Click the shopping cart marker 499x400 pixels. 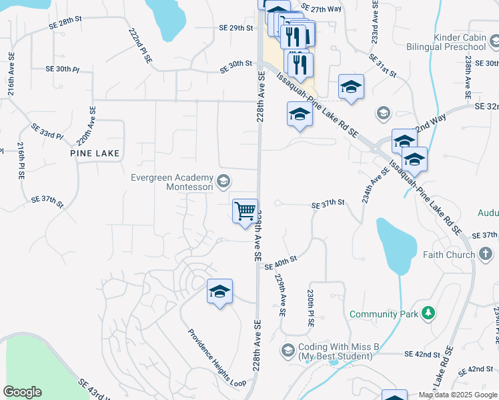pyautogui.click(x=245, y=211)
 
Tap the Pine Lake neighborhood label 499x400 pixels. pyautogui.click(x=95, y=153)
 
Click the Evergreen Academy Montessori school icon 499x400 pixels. pyautogui.click(x=224, y=180)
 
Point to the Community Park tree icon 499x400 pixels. pyautogui.click(x=428, y=313)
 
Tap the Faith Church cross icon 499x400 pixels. pyautogui.click(x=485, y=254)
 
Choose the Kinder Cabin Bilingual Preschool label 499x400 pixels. pyautogui.click(x=450, y=42)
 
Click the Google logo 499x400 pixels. pyautogui.click(x=22, y=392)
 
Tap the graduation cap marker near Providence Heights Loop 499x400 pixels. pyautogui.click(x=219, y=291)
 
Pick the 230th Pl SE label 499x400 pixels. pyautogui.click(x=311, y=307)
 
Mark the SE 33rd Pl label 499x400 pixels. pyautogui.click(x=47, y=131)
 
